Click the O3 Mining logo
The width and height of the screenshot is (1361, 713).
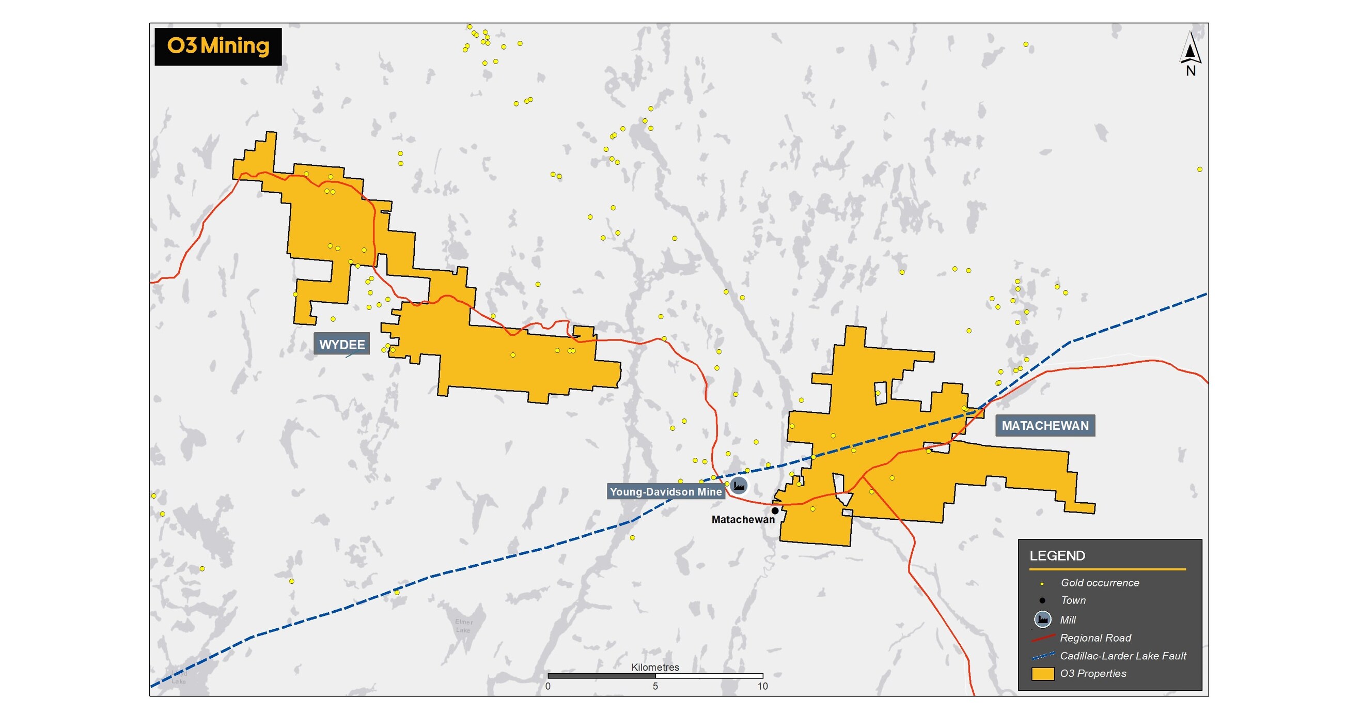pos(217,47)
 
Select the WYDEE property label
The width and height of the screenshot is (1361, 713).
pos(342,345)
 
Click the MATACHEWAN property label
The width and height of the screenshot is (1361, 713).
pos(1044,425)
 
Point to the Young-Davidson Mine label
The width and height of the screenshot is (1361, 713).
pos(665,491)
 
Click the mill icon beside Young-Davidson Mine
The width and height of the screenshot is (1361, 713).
pos(739,485)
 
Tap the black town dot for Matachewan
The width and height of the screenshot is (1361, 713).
pos(775,510)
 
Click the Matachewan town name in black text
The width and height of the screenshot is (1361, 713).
pos(742,520)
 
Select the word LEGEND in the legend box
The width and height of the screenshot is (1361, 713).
pos(1057,555)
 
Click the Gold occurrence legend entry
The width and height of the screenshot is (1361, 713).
pos(1100,582)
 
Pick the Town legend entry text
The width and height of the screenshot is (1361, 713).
pos(1073,600)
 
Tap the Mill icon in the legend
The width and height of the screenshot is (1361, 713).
pos(1042,619)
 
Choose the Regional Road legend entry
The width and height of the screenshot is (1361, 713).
pos(1095,638)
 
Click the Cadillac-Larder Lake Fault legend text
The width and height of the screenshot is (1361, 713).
pos(1123,656)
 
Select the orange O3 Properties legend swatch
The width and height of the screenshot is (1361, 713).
pos(1042,674)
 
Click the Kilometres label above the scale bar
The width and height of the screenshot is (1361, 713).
pos(655,667)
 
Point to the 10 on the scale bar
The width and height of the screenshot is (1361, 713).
pos(762,686)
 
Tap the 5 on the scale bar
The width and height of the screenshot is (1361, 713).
pos(655,686)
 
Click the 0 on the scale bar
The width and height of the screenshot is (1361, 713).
pos(548,686)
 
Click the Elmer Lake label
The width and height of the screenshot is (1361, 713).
pos(463,626)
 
